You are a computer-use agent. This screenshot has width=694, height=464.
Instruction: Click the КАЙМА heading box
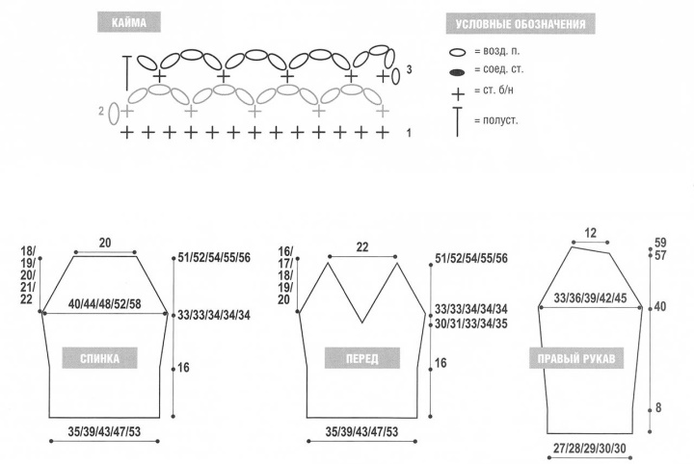[129, 21]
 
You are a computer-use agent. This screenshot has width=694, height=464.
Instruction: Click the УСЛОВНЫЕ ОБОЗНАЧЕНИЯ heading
[520, 23]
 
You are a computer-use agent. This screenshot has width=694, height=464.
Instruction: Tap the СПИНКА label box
[99, 358]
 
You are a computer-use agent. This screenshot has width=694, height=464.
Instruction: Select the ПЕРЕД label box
[362, 358]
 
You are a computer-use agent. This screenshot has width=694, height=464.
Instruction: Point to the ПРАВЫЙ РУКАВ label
[576, 358]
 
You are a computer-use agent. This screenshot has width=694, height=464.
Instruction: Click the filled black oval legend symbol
[457, 72]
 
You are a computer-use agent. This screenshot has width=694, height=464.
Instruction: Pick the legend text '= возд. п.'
[497, 51]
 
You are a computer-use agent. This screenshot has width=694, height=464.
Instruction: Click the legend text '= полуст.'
[495, 120]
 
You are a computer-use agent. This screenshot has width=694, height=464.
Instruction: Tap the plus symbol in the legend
[458, 94]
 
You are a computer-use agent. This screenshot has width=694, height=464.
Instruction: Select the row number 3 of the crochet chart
[409, 69]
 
